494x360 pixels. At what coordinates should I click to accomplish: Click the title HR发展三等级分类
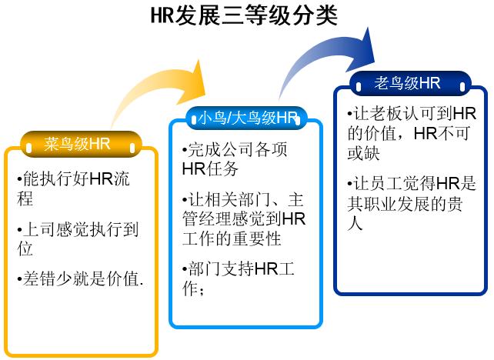244,15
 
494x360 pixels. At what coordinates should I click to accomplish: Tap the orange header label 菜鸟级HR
77,145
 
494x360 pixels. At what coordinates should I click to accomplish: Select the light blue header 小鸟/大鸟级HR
248,118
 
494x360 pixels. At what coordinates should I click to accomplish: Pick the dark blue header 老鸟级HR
407,83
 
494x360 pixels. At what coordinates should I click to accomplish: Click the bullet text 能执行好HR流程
73,188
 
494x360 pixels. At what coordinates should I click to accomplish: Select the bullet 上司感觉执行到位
78,238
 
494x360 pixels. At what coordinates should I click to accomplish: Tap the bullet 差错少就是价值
81,278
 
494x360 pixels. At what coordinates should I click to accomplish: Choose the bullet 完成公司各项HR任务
235,159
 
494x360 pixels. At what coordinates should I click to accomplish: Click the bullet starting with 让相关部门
244,219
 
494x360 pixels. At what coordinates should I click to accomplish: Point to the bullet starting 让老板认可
412,133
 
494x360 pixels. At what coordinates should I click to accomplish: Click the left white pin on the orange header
29,148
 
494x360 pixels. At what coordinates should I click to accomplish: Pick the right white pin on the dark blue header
462,87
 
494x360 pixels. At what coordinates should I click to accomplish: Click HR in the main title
162,15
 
